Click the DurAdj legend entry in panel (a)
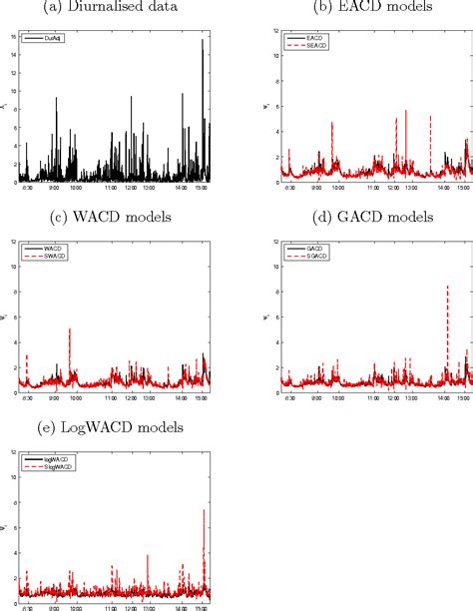(x=55, y=37)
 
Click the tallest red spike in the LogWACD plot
(x=204, y=511)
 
